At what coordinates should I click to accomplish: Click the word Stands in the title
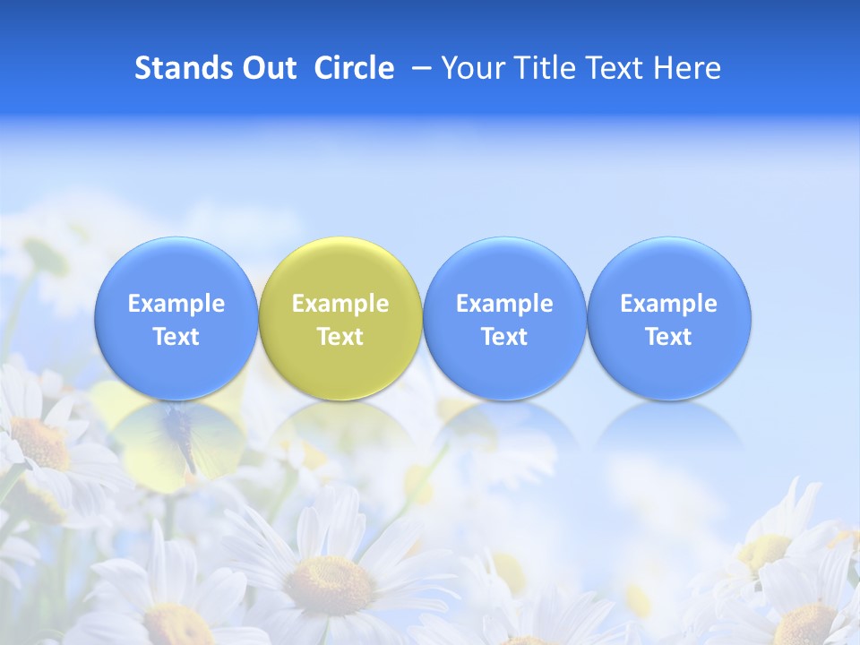click(176, 68)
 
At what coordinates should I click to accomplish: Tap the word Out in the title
click(267, 68)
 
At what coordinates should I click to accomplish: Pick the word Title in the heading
click(546, 68)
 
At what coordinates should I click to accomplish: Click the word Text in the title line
click(617, 68)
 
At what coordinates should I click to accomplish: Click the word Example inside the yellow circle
click(340, 304)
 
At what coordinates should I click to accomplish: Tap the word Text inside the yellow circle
click(340, 337)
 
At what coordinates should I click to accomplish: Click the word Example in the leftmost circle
click(176, 304)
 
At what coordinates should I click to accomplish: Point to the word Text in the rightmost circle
click(669, 337)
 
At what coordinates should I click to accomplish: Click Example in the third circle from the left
click(504, 304)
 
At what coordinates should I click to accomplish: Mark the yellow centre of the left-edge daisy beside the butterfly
click(41, 443)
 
